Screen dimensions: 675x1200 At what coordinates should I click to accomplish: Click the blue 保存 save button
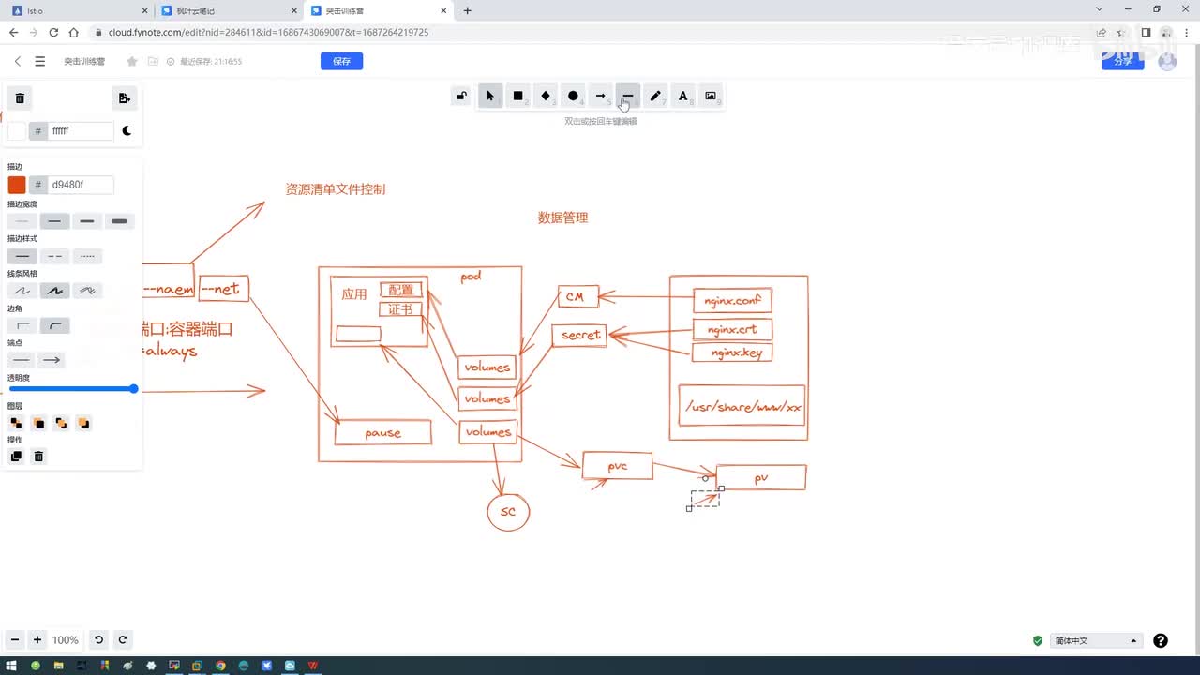click(x=341, y=61)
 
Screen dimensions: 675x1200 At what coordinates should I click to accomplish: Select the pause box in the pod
click(x=382, y=432)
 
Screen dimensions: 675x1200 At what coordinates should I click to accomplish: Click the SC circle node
click(x=508, y=512)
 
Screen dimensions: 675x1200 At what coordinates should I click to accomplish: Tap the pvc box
click(x=617, y=466)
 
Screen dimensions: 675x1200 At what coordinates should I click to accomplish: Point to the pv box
click(x=760, y=477)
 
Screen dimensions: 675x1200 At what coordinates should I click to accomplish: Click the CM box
click(x=575, y=297)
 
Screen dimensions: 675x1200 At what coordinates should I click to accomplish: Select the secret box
click(x=580, y=335)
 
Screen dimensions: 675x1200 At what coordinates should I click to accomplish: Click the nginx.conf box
click(x=732, y=301)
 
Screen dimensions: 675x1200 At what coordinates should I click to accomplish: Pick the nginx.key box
click(x=732, y=352)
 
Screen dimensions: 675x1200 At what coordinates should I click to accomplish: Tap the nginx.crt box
click(x=732, y=329)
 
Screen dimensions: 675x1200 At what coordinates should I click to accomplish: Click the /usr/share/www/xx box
click(x=742, y=406)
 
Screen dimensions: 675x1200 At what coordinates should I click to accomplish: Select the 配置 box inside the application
click(x=401, y=290)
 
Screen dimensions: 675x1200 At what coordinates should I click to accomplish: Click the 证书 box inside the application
click(x=400, y=309)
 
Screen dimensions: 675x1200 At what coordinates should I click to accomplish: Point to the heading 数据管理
click(x=562, y=217)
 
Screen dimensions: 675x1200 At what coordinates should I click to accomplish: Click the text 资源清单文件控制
click(x=335, y=188)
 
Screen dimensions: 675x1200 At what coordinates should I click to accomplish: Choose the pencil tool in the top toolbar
click(x=655, y=96)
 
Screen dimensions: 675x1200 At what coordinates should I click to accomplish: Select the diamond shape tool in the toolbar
click(x=545, y=96)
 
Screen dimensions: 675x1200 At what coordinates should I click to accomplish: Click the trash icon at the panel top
click(x=20, y=97)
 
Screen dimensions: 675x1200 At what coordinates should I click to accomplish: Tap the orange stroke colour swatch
click(x=17, y=185)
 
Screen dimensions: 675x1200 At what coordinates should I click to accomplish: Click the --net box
click(x=219, y=289)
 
